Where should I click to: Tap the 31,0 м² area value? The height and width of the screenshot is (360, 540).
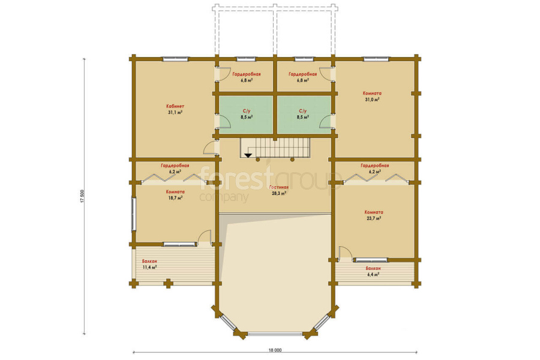click(372, 100)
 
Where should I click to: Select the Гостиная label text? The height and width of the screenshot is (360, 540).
click(279, 187)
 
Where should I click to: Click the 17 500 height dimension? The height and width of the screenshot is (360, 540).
click(82, 196)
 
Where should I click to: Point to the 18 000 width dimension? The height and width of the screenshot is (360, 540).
click(275, 350)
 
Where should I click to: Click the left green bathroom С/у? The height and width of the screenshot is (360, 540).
click(247, 115)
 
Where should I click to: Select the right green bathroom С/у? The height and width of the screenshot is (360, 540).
click(304, 115)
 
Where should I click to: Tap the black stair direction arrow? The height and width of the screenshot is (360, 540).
click(248, 155)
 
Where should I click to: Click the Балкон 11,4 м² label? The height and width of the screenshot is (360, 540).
click(150, 264)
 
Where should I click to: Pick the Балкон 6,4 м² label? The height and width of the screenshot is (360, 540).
click(373, 271)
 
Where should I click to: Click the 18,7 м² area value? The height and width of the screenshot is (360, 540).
click(175, 198)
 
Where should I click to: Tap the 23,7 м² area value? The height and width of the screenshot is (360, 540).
click(373, 218)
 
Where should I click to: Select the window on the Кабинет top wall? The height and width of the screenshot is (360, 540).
click(176, 59)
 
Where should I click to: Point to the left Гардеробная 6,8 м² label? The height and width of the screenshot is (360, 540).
click(247, 77)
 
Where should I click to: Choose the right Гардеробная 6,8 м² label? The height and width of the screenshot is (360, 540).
click(303, 77)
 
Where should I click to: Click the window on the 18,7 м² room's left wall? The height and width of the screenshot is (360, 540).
click(134, 214)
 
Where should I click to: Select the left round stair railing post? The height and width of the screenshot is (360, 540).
click(257, 160)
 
